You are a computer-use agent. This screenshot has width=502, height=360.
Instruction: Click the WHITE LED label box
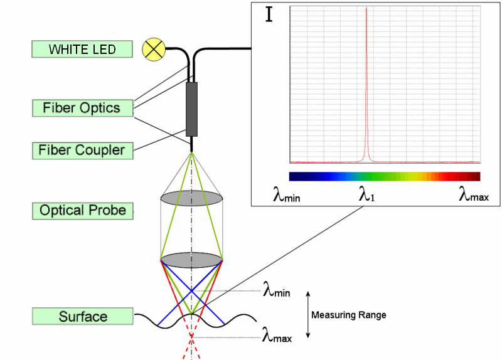[x=82, y=49]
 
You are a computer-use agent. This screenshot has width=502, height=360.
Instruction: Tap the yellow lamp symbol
[x=153, y=49]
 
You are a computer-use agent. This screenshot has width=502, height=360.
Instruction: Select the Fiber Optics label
[x=82, y=108]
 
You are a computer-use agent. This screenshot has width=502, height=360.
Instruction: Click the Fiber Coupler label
[x=82, y=151]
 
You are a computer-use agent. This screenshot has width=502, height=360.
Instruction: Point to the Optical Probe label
[x=83, y=210]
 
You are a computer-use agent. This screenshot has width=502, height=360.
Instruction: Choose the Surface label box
[x=83, y=317]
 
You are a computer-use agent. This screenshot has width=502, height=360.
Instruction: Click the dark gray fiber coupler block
[x=191, y=109]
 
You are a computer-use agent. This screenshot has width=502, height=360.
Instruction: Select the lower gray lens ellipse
[x=191, y=260]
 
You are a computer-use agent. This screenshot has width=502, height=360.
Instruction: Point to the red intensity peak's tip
[x=366, y=9]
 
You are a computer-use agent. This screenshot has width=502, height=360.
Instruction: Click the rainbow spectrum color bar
[x=384, y=176]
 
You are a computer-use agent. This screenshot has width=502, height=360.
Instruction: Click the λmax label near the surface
[x=277, y=337]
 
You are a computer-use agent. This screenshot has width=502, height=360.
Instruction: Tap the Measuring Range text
[x=348, y=315]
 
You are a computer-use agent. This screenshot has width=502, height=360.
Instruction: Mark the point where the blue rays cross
[x=191, y=290]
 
